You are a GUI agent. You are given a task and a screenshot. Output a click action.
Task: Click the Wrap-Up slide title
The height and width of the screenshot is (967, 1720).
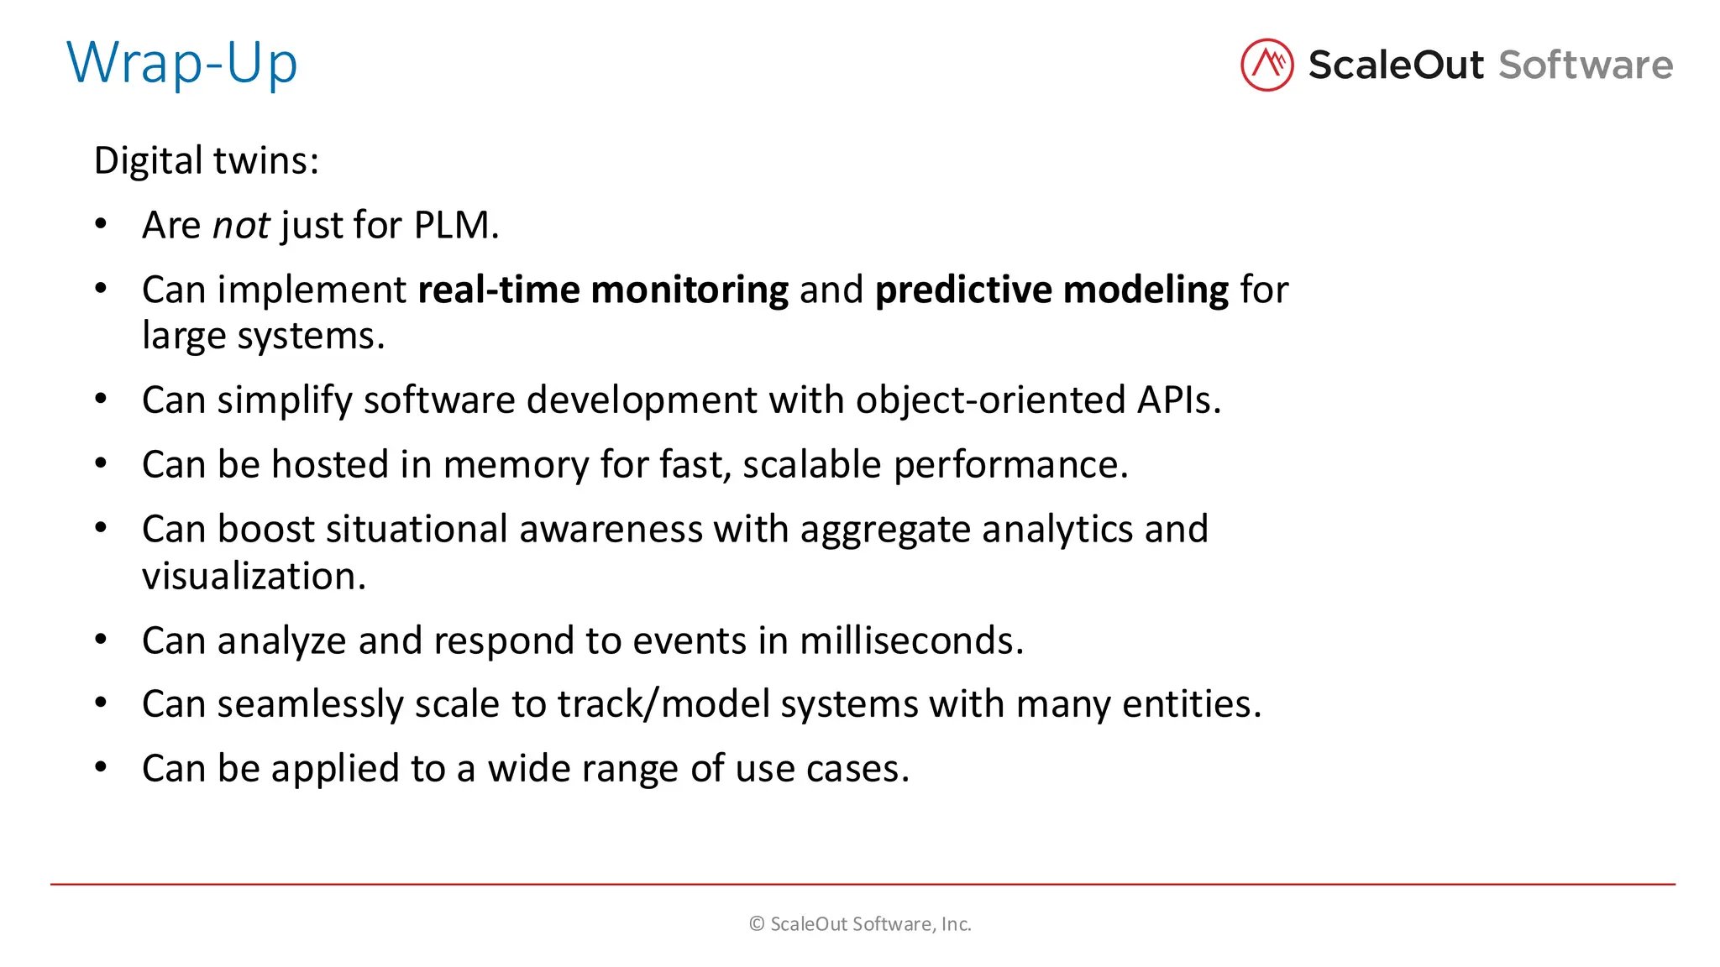(x=181, y=64)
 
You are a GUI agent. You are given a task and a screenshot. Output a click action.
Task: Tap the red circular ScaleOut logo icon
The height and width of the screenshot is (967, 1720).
(x=1266, y=65)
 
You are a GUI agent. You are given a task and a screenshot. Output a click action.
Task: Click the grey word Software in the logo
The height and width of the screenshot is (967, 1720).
(x=1586, y=65)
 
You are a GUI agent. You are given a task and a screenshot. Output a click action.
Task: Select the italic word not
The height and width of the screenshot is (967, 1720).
(x=241, y=226)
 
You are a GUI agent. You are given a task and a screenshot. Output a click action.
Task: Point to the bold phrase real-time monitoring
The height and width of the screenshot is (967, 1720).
(x=603, y=290)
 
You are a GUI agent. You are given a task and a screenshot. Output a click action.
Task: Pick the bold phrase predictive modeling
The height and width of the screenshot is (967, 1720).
(x=1051, y=290)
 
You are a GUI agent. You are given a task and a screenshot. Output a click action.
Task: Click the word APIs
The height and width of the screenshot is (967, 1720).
(x=1177, y=400)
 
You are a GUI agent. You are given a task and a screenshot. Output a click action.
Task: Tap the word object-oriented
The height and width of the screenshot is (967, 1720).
(x=990, y=400)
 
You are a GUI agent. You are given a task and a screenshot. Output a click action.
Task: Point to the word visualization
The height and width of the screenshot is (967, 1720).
(x=254, y=577)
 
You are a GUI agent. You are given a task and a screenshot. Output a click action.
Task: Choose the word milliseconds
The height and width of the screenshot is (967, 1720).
(x=911, y=641)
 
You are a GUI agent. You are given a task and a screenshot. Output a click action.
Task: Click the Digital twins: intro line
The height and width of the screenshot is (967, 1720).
(x=207, y=160)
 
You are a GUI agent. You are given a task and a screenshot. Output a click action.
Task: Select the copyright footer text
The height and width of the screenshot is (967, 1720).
(x=860, y=924)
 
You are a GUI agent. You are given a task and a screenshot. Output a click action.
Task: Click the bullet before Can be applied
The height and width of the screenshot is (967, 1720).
(x=101, y=767)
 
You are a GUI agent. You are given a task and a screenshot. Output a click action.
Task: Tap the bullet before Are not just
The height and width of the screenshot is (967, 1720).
(x=101, y=224)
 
